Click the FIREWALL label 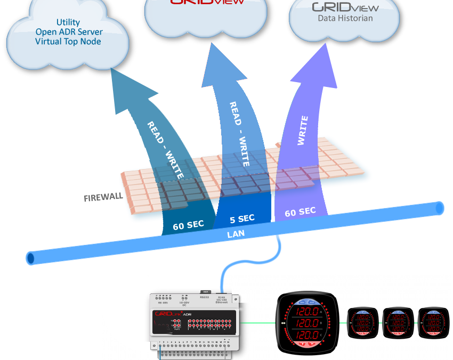(103, 197)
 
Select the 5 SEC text (242, 219)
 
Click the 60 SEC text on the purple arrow (300, 212)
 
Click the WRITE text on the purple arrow (302, 131)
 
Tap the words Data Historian (345, 18)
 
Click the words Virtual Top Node (68, 41)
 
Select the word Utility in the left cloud (68, 22)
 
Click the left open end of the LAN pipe (31, 258)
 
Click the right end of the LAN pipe (439, 208)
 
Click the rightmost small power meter (433, 322)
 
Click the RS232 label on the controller (205, 298)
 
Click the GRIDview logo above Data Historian (345, 7)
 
